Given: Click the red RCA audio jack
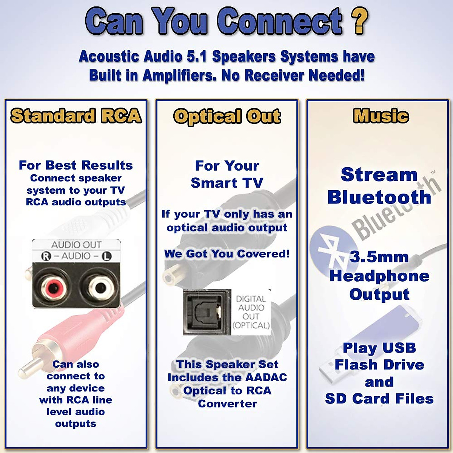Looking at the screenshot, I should point(55,288).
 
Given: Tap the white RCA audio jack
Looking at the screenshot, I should point(100,288).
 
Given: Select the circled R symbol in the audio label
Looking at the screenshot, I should point(46,256).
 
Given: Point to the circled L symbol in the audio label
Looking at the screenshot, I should point(107,256).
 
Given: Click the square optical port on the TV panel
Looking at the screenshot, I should point(207,313).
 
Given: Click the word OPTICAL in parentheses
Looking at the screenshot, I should point(251,325).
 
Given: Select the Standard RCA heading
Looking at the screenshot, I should point(76,116).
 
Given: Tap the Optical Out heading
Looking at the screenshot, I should point(227,116).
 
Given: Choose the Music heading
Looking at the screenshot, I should point(381,116).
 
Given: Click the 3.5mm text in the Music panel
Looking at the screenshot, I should point(379,257).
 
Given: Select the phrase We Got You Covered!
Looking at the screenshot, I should point(227,254).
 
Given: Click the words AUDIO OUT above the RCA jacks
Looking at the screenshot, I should point(76,245).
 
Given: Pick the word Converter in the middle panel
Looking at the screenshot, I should point(227,404).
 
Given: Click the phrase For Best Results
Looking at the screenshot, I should point(76,165).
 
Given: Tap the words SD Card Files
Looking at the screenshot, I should point(379,399).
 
